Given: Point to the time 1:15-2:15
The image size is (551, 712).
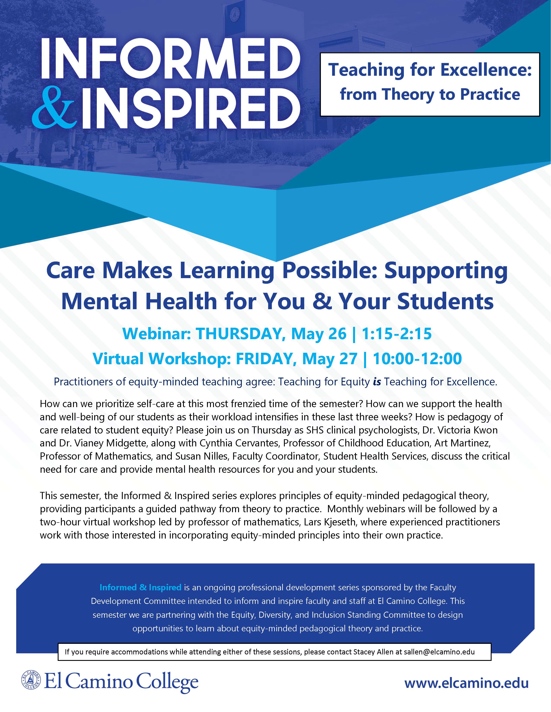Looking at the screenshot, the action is [x=397, y=334].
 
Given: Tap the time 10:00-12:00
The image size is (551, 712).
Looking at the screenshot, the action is [x=417, y=359].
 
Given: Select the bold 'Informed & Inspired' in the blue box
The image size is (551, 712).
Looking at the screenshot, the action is [x=140, y=588].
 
